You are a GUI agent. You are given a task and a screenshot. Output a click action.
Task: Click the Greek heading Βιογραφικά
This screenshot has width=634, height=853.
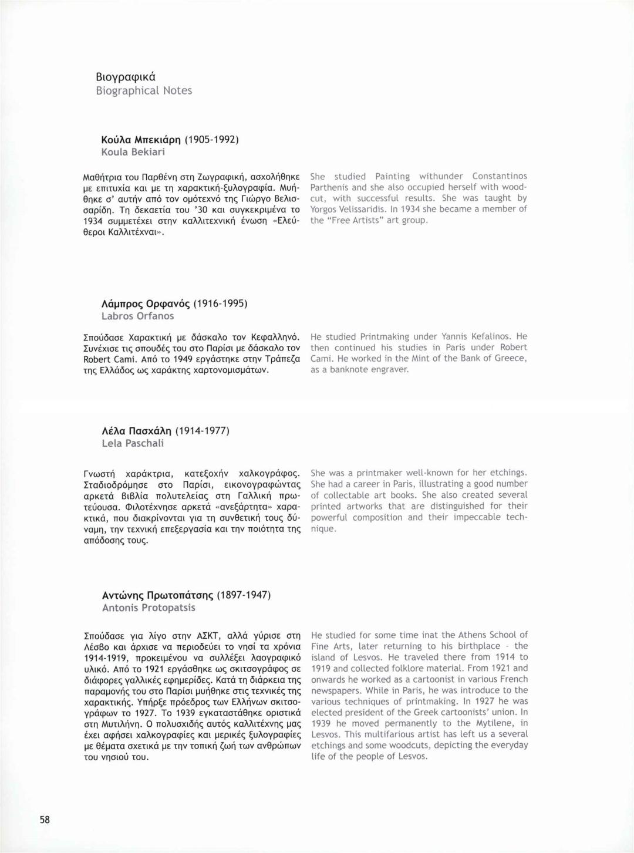coord(126,77)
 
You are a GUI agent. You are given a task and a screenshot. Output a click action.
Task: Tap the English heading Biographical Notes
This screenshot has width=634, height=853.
coord(144,91)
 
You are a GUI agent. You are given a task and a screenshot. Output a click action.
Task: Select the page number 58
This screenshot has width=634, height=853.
coord(45,820)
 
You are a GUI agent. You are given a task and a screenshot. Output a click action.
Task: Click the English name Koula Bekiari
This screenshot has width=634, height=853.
coord(133,152)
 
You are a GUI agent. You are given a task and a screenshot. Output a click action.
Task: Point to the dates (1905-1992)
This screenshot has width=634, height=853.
coord(211,140)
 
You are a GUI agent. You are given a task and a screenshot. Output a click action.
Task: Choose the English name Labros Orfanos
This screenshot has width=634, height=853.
coord(138,316)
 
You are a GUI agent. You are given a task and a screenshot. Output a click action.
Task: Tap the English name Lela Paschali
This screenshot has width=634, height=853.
coord(133,443)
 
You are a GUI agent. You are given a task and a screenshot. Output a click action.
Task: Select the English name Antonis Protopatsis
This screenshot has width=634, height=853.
coord(149,608)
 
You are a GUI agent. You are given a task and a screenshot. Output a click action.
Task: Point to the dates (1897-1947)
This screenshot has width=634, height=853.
coord(244,595)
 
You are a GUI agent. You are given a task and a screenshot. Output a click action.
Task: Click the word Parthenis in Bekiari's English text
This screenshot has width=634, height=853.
coord(329,187)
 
